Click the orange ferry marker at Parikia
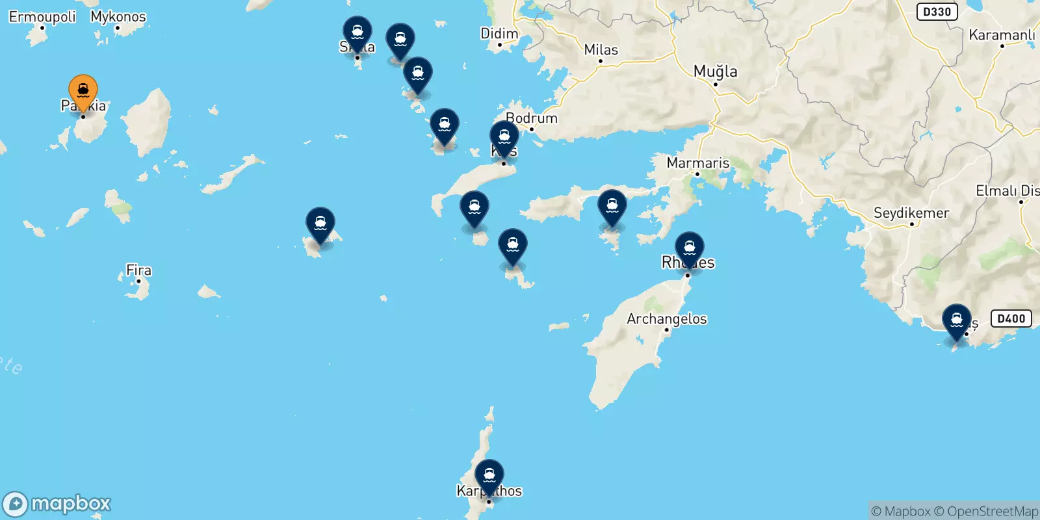point(83,91)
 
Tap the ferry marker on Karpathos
point(489,476)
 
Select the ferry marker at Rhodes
point(689,248)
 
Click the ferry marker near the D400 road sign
point(957,320)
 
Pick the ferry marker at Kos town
point(504,137)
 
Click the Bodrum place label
point(532,118)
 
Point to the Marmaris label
point(698,163)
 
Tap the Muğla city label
point(716,71)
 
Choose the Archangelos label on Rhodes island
point(667,318)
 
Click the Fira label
point(138,270)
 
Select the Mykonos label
point(118,17)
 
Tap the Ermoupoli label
point(42,17)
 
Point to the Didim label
point(499,34)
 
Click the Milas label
point(601,50)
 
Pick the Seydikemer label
point(911,213)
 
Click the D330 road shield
point(937,12)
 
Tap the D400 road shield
point(1011,318)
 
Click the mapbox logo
point(57,504)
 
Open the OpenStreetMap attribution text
point(986,512)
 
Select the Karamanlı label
point(1002,35)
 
